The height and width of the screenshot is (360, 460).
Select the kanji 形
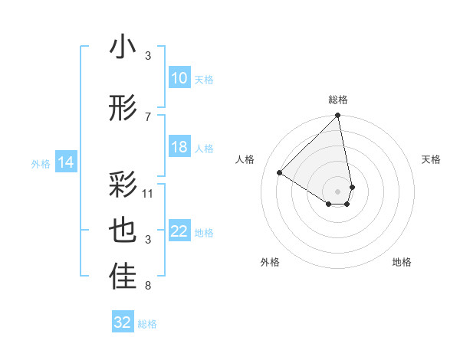tap(123, 109)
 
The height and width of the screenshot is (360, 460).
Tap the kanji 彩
tap(123, 185)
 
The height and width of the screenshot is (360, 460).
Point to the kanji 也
tap(123, 231)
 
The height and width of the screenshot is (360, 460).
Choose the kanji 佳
tap(123, 277)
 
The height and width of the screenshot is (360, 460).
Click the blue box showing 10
tap(179, 78)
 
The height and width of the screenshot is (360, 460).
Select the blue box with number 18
tap(179, 147)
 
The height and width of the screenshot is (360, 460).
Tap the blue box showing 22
tap(179, 232)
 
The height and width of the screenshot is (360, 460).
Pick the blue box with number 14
tap(66, 162)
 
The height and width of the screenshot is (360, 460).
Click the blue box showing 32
tap(123, 322)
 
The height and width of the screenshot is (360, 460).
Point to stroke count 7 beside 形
tap(148, 116)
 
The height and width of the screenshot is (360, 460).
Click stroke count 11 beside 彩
tap(148, 193)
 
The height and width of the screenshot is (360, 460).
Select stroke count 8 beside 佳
tap(148, 286)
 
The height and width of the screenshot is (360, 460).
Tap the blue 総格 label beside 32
tap(147, 323)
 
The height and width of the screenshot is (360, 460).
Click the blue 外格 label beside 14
tap(41, 163)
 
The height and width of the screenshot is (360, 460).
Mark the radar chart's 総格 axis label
tap(338, 100)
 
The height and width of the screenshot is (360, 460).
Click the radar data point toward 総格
tap(338, 116)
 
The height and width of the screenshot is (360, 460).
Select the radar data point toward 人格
tap(280, 173)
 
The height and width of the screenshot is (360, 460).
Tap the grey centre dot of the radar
tap(338, 190)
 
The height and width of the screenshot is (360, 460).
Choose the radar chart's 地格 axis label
tap(402, 263)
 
